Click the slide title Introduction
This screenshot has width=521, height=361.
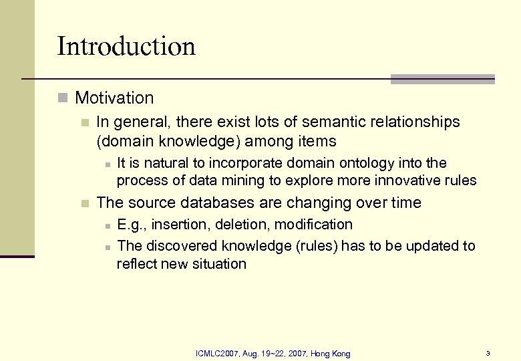point(126,47)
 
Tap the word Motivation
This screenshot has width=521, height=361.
point(114,98)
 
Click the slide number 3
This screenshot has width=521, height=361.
point(488,353)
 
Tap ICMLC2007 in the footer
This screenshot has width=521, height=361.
point(215,353)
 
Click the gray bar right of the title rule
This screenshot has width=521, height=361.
point(442,79)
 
